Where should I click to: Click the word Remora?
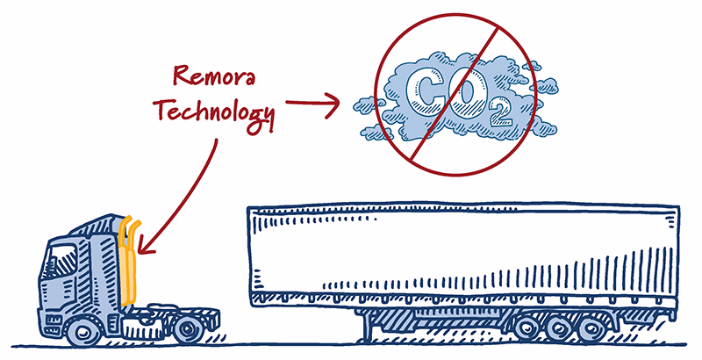pyautogui.click(x=214, y=76)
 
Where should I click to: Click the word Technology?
pyautogui.click(x=214, y=112)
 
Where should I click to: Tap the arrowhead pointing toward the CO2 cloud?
pyautogui.click(x=333, y=105)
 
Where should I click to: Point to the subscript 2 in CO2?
pyautogui.click(x=500, y=113)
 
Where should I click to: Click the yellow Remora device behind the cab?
pyautogui.click(x=128, y=261)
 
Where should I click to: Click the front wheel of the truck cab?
pyautogui.click(x=83, y=332)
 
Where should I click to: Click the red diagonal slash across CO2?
pyautogui.click(x=455, y=94)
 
